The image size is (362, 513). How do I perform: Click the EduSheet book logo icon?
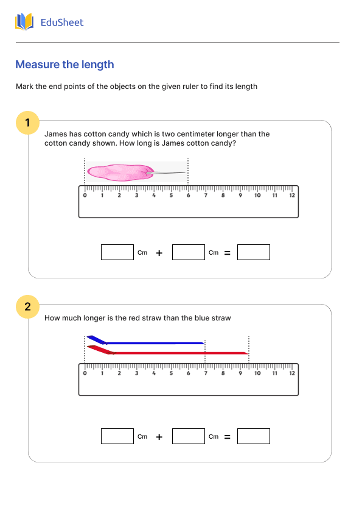coord(24,23)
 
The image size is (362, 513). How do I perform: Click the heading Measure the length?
coord(64,65)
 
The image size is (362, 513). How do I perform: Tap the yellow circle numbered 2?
coord(27,306)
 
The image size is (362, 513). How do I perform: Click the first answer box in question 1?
coord(117,252)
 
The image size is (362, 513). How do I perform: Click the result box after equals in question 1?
coord(253,252)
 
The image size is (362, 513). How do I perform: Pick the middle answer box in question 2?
coord(188,436)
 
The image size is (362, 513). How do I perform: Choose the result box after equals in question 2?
coord(253,436)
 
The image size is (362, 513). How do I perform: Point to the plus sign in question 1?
coord(159,253)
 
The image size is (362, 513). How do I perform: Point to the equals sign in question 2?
coord(228,437)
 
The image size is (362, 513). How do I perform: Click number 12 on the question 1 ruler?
coord(292,196)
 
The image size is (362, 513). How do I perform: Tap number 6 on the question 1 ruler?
coord(189,196)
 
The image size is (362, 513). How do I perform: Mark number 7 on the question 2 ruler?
coord(206,373)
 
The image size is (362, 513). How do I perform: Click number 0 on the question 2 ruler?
coord(85,373)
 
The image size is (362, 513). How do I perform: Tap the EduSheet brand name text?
coord(61,23)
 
